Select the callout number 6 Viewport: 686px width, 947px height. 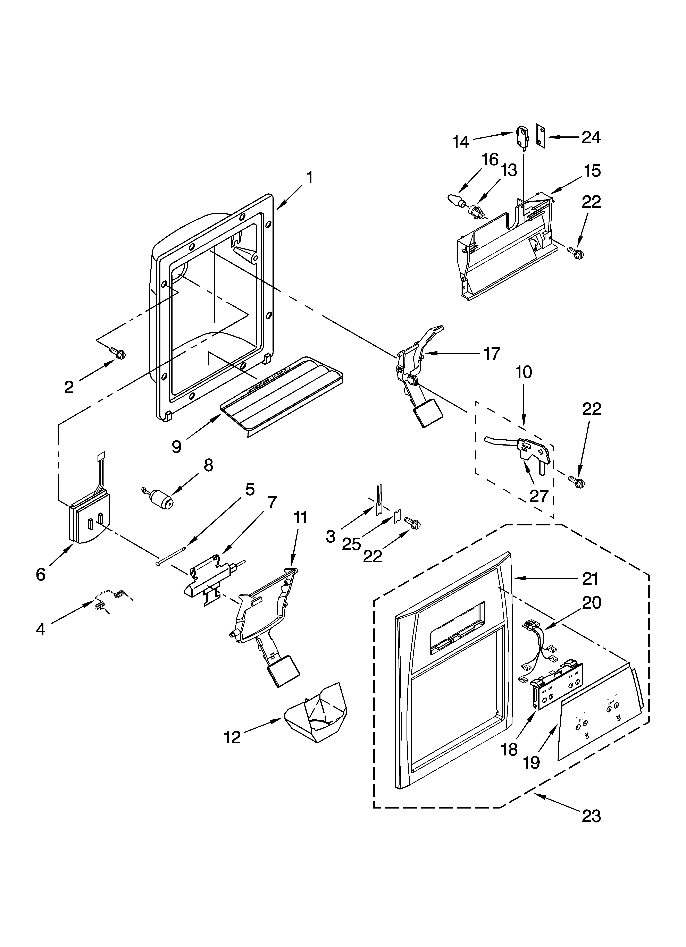coord(41,575)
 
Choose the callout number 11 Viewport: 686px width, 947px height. coord(300,517)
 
